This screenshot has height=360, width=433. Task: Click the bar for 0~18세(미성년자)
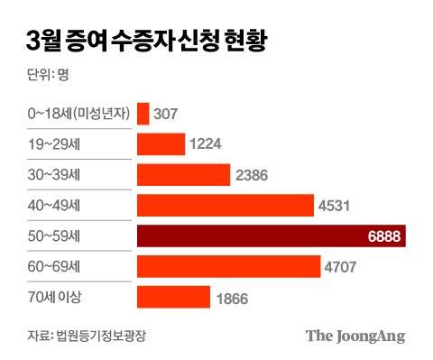click(143, 113)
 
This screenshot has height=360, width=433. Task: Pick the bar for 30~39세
click(183, 174)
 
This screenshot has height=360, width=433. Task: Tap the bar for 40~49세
click(225, 205)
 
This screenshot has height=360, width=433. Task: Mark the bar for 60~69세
click(228, 267)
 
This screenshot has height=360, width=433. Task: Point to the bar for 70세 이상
click(173, 298)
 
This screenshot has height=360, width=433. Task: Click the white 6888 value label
click(387, 236)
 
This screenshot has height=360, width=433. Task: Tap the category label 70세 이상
click(53, 298)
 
